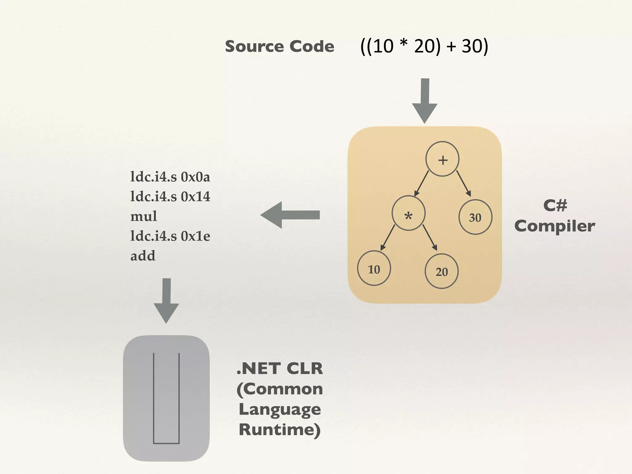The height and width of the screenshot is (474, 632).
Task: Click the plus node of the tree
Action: [x=442, y=159]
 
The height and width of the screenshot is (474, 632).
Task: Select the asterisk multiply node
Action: [x=409, y=213]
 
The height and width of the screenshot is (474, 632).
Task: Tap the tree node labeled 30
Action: [x=475, y=217]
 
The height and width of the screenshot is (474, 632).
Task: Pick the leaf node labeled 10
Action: [x=374, y=268]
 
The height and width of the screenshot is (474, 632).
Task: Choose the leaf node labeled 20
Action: [x=442, y=271]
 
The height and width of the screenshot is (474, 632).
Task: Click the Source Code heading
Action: [x=280, y=47]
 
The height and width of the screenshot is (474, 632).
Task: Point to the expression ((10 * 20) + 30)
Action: [x=424, y=47]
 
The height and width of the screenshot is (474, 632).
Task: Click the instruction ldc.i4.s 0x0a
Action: [x=170, y=177]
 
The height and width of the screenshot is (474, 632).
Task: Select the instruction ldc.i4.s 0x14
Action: [x=170, y=197]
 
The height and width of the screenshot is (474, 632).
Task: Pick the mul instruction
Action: [x=143, y=216]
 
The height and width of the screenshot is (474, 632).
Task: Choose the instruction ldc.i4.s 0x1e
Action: [x=170, y=236]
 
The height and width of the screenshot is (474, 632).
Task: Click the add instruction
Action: [x=143, y=256]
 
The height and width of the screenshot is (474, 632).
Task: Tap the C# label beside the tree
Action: [x=555, y=205]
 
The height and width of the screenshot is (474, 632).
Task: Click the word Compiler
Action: [x=555, y=226]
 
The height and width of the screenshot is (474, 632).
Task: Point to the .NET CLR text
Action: [x=280, y=368]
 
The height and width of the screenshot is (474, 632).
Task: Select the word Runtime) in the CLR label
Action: [x=280, y=430]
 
